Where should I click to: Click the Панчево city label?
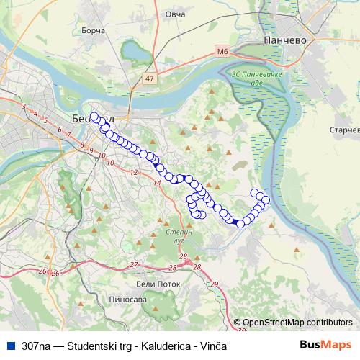[285, 40]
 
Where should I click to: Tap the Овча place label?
[175, 14]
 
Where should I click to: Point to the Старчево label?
[344, 130]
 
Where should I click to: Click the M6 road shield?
[222, 52]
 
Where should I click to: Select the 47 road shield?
[150, 78]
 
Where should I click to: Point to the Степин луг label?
[180, 237]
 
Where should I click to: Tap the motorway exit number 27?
[134, 265]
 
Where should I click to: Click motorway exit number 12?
[135, 172]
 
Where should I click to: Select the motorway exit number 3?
[24, 107]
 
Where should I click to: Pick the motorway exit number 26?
[43, 271]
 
